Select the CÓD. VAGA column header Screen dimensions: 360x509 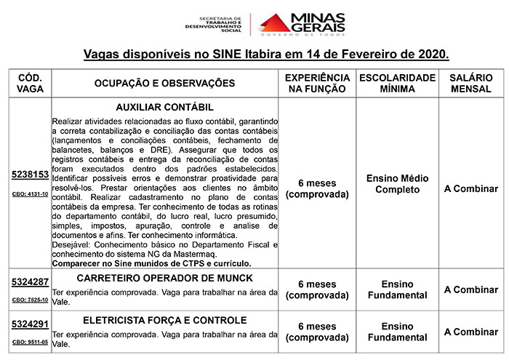30,84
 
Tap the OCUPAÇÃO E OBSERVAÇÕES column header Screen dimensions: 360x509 164,84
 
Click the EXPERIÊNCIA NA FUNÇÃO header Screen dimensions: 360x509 316,84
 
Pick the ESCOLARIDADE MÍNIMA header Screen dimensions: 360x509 397,84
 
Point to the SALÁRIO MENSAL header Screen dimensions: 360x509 470,84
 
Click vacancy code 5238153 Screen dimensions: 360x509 30,175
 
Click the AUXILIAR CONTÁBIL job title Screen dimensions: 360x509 164,106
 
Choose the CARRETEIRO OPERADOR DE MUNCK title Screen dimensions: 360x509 164,279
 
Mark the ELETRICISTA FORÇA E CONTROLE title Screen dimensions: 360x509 164,320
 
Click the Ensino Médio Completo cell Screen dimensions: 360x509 397,184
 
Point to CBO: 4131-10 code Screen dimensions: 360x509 30,195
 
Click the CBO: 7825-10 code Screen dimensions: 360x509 30,300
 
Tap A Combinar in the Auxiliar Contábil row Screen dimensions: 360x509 470,188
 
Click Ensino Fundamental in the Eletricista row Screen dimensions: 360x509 397,332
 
